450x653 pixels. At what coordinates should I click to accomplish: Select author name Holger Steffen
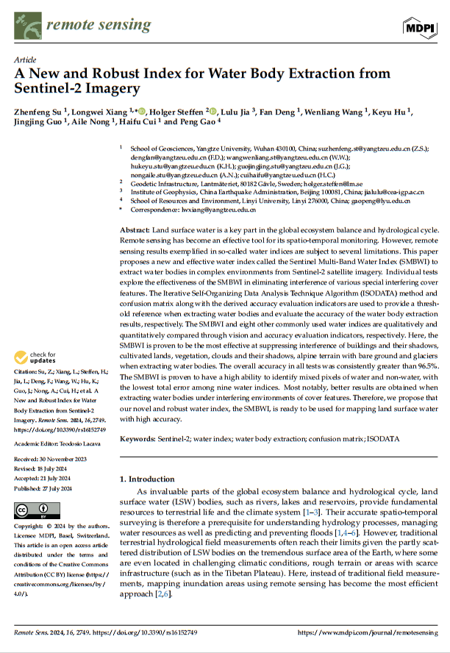click(x=178, y=112)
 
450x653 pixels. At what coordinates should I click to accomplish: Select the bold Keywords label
click(x=137, y=438)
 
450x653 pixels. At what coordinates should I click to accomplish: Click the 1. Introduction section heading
click(x=147, y=479)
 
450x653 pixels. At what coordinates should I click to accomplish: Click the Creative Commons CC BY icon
click(x=33, y=510)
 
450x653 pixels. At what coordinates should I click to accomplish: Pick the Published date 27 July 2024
click(x=43, y=488)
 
